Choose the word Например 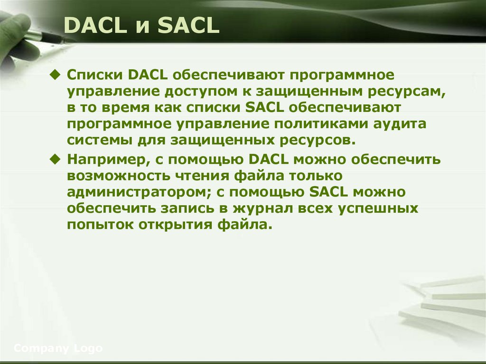[103, 159]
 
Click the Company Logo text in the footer [58, 349]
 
